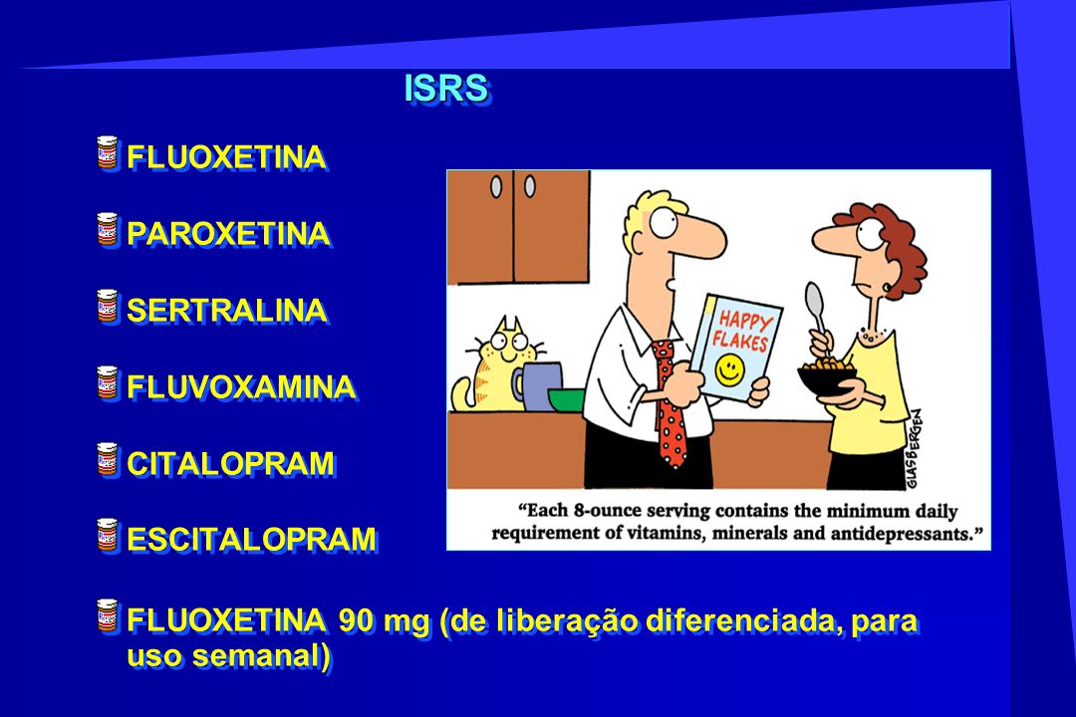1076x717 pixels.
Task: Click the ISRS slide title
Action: pos(446,88)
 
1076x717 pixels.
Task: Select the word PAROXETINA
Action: pos(228,234)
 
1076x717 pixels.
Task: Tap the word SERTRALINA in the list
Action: pos(227,310)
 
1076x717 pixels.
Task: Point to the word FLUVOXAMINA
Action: pos(241,387)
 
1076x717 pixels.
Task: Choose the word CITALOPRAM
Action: pos(231,464)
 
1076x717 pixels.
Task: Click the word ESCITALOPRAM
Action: pos(252,540)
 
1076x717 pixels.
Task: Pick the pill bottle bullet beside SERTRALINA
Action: pos(108,306)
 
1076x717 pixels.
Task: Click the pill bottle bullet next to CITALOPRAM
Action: pos(108,459)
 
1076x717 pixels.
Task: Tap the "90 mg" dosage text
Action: pos(385,621)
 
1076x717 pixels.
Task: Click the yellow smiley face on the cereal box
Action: pos(728,369)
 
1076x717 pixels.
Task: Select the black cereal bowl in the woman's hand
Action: pos(827,379)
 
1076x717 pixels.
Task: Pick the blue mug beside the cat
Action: pos(537,385)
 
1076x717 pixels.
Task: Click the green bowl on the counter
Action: pos(566,399)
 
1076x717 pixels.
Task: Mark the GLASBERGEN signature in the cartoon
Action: pos(914,449)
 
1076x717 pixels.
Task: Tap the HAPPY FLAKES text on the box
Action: pos(742,330)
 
